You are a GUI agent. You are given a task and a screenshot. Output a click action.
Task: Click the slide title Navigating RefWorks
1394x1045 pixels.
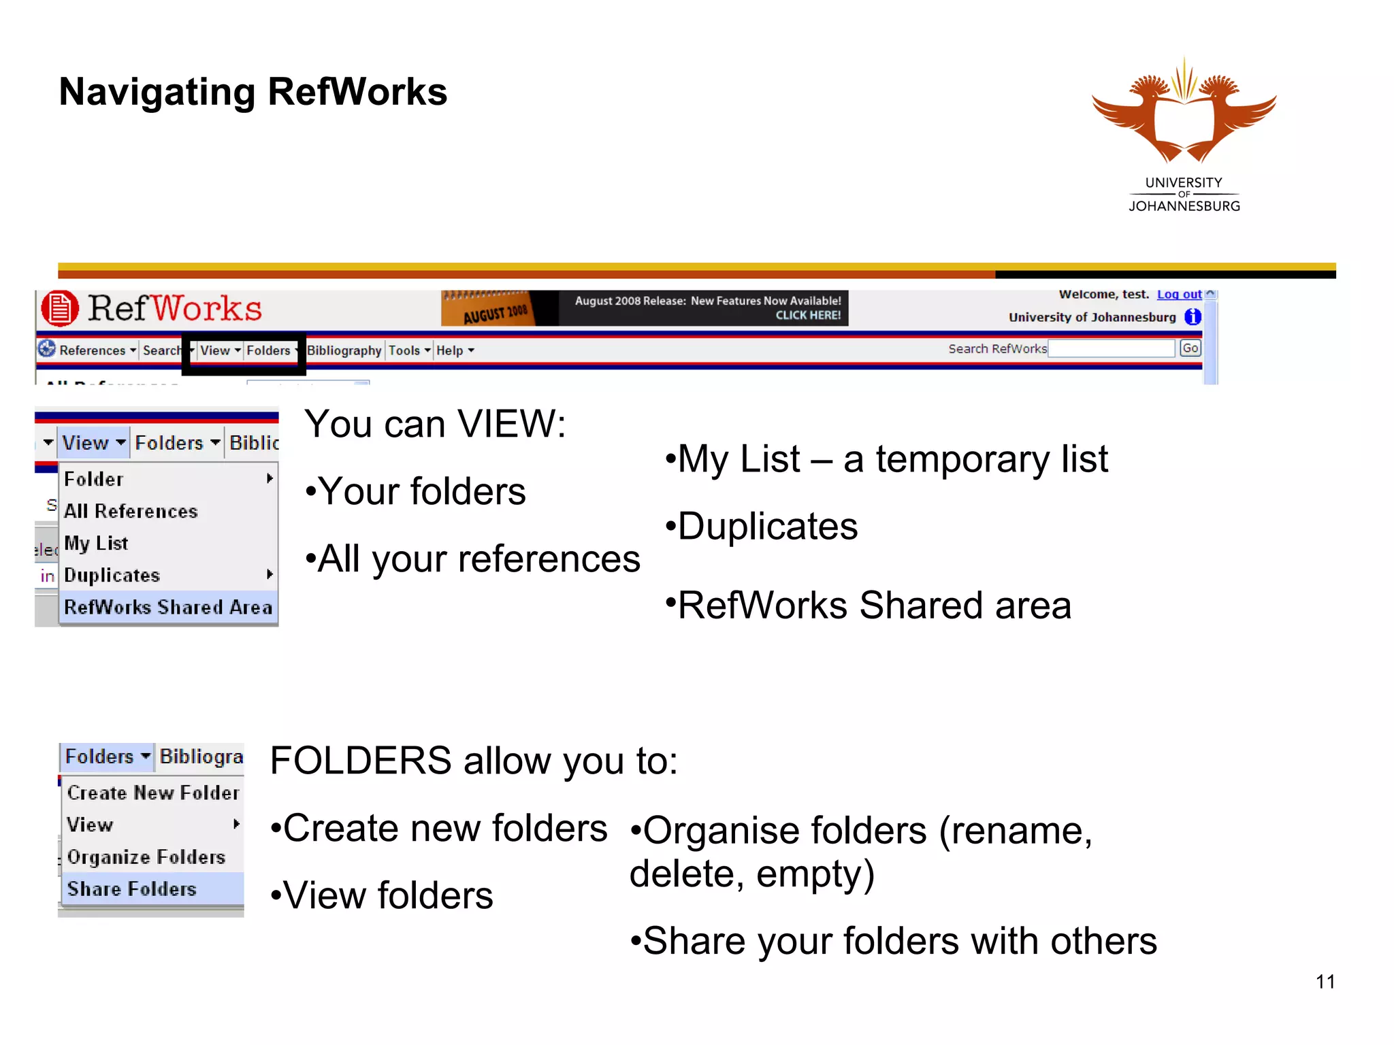253,92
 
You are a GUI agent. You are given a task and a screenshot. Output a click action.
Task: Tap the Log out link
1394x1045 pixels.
1179,295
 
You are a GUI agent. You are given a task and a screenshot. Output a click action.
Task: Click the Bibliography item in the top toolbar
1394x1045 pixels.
344,350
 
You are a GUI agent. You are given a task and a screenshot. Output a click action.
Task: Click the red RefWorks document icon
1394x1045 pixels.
60,308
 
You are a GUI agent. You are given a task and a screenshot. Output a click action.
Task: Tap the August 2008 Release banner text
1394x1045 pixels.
707,308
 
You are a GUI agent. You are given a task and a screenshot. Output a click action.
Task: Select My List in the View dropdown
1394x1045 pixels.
96,543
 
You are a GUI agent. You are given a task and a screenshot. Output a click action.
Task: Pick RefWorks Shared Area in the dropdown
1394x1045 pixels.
167,607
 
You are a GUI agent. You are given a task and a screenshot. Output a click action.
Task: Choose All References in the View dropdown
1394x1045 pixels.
131,511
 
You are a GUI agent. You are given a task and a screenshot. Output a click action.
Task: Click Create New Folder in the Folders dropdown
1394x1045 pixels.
153,793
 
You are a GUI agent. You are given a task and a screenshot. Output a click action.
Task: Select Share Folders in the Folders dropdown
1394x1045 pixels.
132,889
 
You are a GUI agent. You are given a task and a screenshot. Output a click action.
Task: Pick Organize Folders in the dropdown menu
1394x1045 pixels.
146,857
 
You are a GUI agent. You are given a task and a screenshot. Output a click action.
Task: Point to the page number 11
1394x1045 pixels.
1325,982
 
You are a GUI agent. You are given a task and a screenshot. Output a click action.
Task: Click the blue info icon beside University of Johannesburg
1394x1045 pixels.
1193,317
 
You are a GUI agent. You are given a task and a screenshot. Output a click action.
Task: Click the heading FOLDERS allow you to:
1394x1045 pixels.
474,761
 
